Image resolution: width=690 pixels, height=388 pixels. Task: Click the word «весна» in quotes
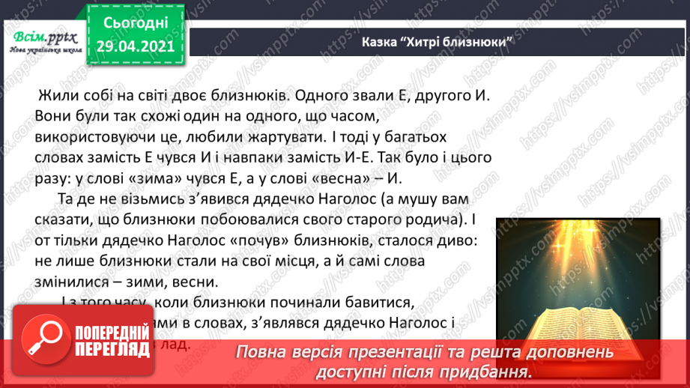[x=391, y=178]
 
